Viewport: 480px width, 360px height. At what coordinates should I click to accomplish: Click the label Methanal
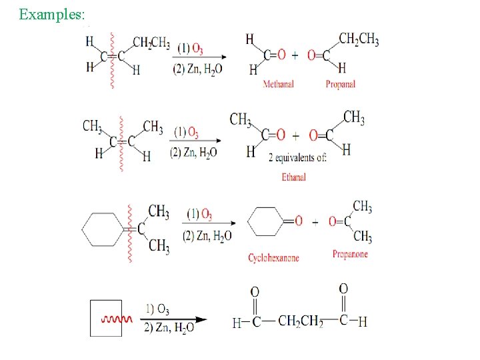(x=278, y=85)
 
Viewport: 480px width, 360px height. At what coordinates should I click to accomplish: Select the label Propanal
(x=340, y=85)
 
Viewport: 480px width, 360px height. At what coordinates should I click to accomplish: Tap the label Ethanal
(x=293, y=177)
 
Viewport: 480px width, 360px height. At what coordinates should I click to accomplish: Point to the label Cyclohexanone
(x=273, y=258)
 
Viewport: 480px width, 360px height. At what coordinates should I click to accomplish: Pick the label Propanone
(x=350, y=254)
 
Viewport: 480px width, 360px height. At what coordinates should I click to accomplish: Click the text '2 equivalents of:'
(x=297, y=158)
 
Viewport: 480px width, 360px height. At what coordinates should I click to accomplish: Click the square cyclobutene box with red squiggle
(x=106, y=318)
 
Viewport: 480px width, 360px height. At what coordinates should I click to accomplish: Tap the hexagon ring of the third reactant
(x=102, y=229)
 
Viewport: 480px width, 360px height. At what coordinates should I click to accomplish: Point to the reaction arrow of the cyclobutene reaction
(x=175, y=319)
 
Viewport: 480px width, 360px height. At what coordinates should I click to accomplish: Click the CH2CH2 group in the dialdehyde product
(x=300, y=321)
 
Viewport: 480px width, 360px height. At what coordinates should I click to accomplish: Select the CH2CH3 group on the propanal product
(x=359, y=39)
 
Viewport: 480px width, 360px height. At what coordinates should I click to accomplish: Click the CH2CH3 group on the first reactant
(x=151, y=43)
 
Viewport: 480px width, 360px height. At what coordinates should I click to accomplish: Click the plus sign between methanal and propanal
(x=296, y=55)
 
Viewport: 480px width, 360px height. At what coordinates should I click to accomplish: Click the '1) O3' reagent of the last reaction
(x=157, y=310)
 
